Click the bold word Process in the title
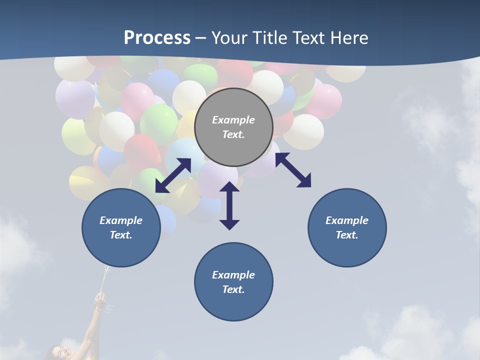[157, 38]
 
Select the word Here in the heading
[349, 38]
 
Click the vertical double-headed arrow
[229, 205]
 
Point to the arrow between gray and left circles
[173, 175]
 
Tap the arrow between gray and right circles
[293, 170]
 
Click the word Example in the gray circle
[233, 120]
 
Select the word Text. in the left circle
[121, 235]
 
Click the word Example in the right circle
[347, 220]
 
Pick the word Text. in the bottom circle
[233, 289]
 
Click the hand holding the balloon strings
[100, 300]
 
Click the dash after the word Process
[201, 38]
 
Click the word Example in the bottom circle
[233, 275]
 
